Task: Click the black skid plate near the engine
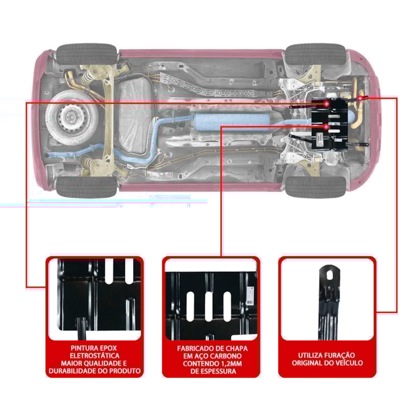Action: pos(333,125)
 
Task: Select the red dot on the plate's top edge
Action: pos(326,104)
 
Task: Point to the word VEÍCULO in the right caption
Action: pos(349,363)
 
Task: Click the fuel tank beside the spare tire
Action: pos(133,112)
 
